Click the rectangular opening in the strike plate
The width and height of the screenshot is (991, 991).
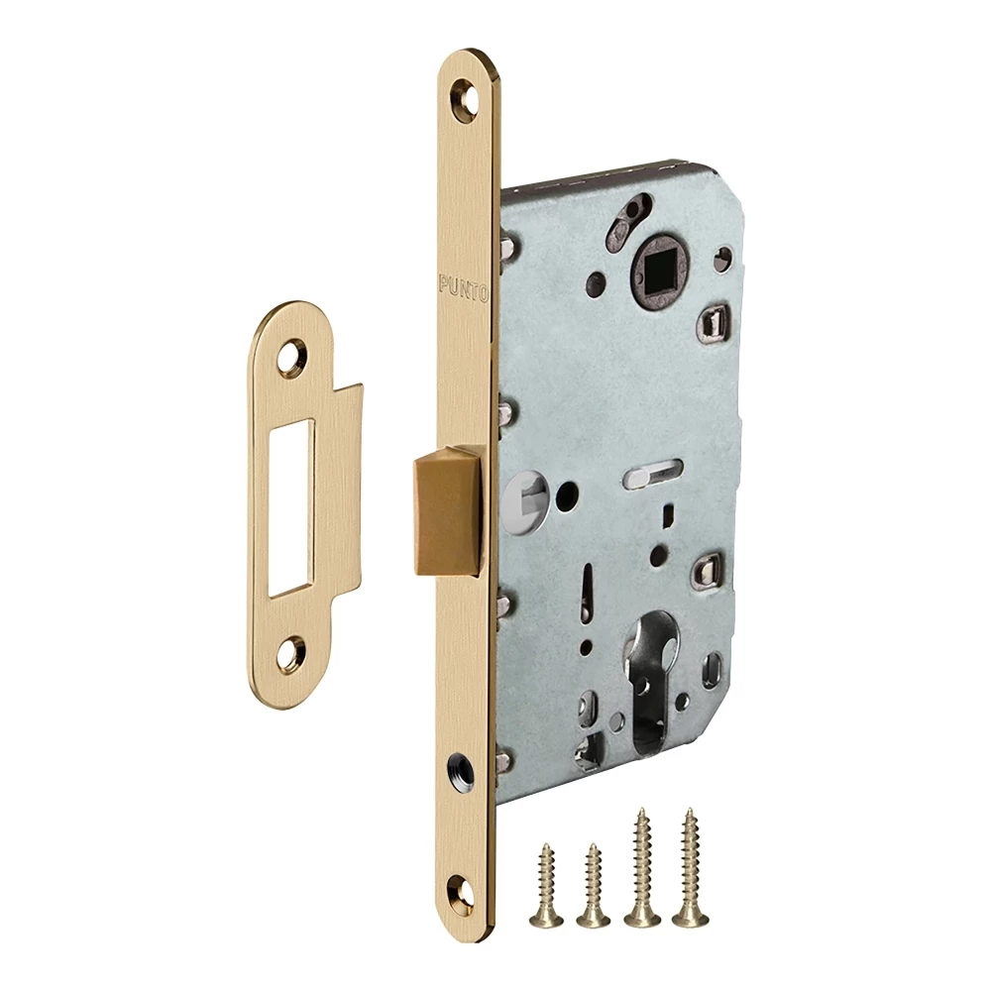pyautogui.click(x=290, y=506)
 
